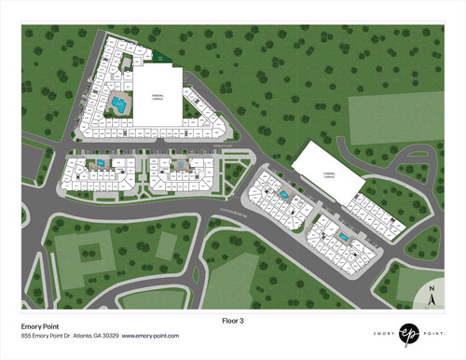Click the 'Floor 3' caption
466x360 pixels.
[233, 321]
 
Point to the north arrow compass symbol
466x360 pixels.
[432, 298]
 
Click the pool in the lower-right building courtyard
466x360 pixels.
[345, 237]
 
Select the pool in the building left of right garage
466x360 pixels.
[283, 193]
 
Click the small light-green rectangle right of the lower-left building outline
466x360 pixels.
[165, 245]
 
